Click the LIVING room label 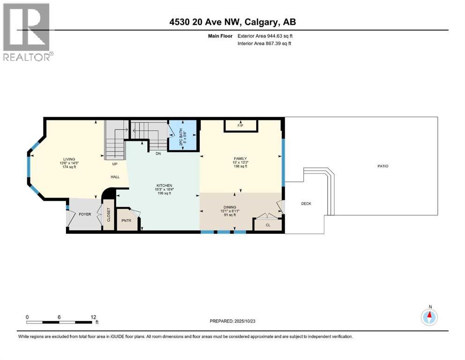(69, 159)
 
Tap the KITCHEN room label (164, 186)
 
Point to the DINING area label (229, 207)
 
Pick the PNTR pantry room (126, 220)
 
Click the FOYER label (85, 214)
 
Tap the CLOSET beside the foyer (108, 215)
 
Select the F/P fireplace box (241, 126)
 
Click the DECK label (306, 203)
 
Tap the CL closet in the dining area (268, 225)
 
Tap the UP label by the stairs (114, 164)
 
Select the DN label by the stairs (152, 153)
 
